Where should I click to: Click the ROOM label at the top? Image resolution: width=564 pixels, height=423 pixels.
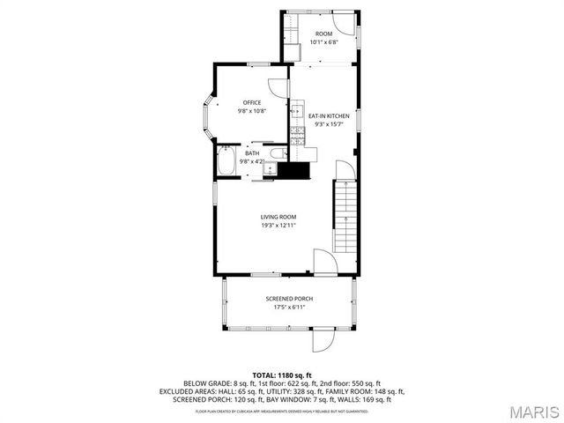324,33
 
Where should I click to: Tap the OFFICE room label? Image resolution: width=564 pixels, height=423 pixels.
252,102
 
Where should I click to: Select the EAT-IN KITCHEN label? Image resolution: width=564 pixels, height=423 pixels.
329,115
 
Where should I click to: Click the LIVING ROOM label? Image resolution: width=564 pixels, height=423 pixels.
278,217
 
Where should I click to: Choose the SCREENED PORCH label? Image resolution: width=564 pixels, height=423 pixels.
289,299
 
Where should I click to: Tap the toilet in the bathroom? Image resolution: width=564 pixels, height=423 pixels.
276,156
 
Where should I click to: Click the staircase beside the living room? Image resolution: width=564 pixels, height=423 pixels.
345,215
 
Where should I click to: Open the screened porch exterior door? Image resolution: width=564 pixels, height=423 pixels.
323,339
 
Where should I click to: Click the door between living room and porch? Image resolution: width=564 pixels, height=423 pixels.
323,262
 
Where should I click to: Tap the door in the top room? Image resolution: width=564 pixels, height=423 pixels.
347,24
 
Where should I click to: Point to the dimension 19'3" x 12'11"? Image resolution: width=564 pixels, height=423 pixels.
278,226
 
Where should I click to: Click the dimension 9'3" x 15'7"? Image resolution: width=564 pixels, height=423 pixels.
329,124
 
